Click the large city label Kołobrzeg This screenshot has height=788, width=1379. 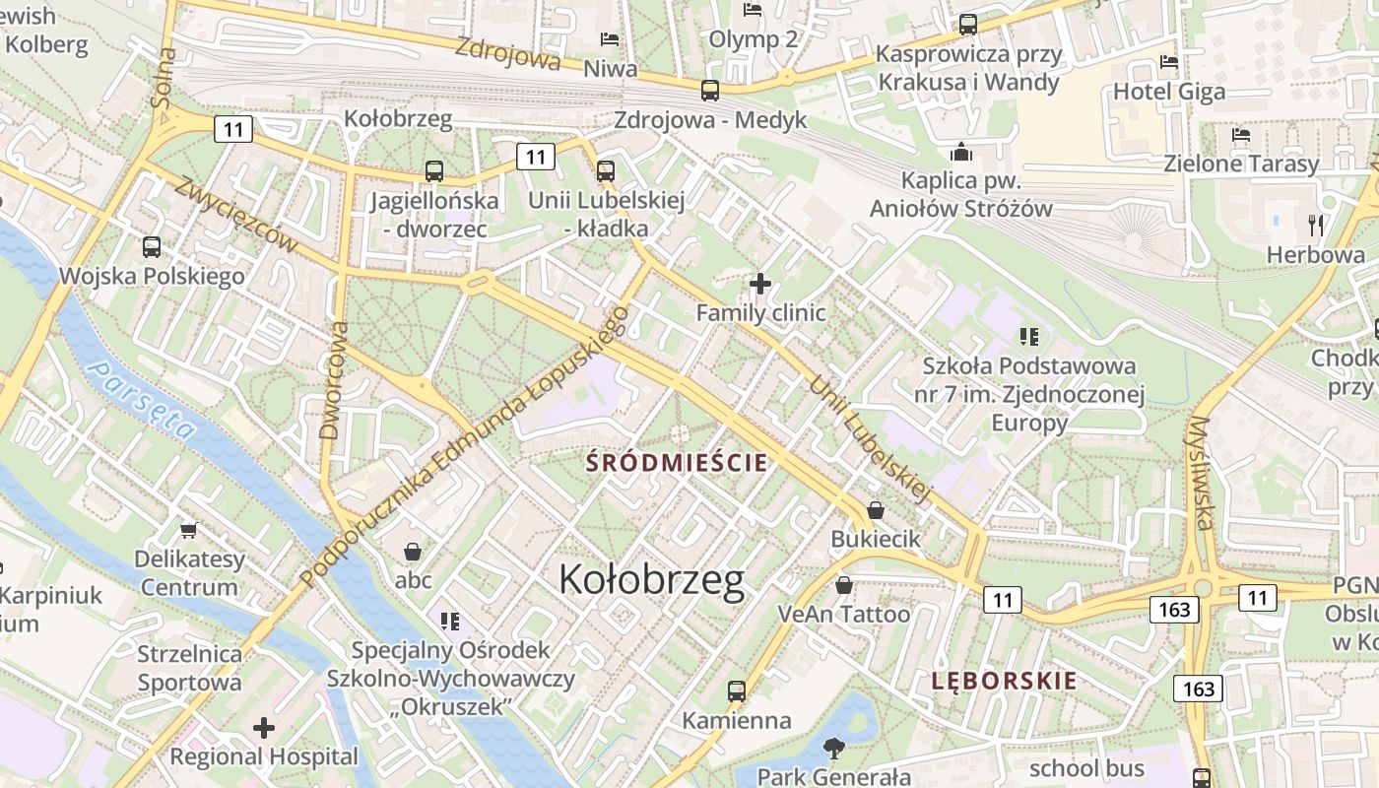651,580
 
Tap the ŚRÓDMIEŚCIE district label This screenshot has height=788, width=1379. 677,462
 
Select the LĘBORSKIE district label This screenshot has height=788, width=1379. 1005,681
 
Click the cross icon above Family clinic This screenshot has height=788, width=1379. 759,284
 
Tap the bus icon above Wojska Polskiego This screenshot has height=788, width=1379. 152,247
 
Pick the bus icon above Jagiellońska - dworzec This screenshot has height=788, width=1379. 434,171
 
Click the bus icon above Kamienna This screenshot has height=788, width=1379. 737,691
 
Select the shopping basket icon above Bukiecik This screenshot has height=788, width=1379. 875,510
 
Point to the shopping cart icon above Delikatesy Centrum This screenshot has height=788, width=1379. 188,530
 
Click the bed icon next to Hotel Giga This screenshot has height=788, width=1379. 1169,62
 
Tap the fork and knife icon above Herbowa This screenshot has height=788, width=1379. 1315,226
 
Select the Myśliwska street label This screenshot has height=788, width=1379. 1203,473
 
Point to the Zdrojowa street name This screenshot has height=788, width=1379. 507,54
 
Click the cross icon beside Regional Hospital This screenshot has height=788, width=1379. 264,729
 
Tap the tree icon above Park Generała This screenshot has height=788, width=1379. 834,749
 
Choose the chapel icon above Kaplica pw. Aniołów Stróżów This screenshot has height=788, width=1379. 960,152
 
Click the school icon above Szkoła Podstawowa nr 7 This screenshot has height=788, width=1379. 1029,337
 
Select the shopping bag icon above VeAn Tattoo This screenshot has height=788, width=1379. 844,585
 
